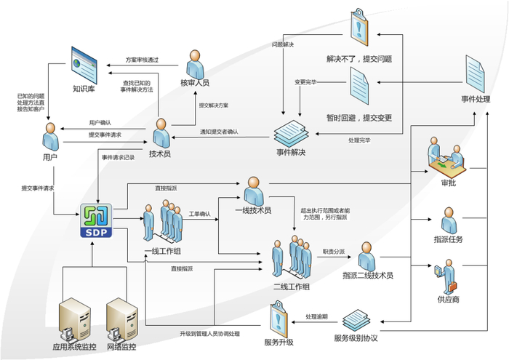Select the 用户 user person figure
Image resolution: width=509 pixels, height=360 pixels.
50,136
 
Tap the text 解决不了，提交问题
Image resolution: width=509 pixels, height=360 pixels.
361,58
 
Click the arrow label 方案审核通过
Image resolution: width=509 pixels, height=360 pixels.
143,60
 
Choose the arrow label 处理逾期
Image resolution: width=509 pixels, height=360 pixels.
316,317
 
